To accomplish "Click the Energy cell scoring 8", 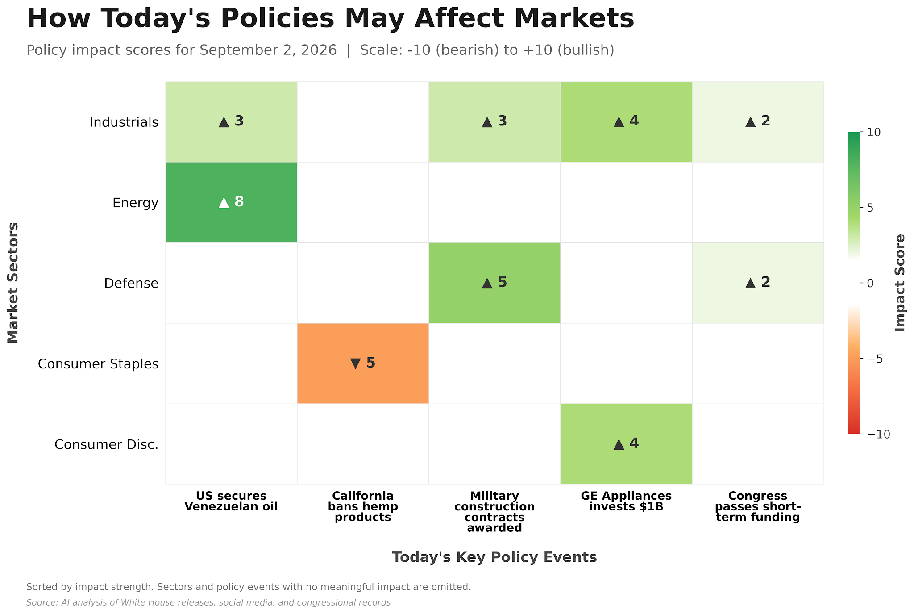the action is click(231, 202).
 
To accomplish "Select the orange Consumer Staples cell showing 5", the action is click(363, 363).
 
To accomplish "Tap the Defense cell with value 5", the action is click(494, 283).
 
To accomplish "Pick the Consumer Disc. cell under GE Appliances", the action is click(626, 444).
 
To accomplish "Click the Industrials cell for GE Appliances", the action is click(626, 122).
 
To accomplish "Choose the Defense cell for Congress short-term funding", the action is click(758, 283).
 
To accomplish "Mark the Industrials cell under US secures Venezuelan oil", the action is click(231, 122).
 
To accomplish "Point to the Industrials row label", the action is click(124, 122).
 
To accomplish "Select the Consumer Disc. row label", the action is click(107, 445).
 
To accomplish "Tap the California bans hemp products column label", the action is click(363, 507).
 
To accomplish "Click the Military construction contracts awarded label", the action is click(494, 512).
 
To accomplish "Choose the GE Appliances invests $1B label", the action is click(626, 501).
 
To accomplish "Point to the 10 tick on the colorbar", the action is click(873, 133).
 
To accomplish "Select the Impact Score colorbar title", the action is click(900, 283).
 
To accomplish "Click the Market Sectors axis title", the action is click(13, 283).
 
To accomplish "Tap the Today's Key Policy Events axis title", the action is click(494, 557).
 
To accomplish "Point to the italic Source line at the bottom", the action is click(208, 603).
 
